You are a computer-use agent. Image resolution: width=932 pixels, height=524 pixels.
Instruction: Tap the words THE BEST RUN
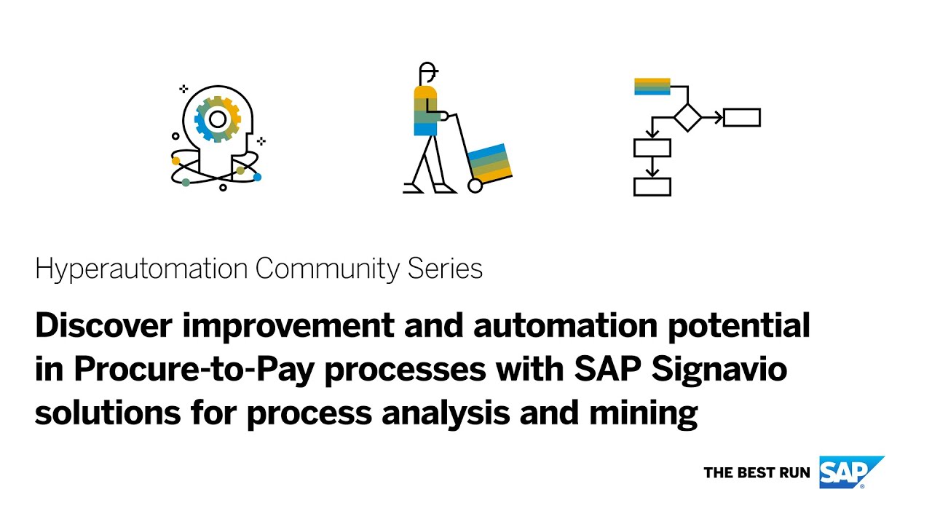click(x=757, y=473)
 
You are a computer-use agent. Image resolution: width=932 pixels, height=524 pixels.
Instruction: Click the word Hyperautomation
click(x=141, y=269)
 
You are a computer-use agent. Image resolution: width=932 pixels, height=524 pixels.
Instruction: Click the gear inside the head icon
click(x=217, y=118)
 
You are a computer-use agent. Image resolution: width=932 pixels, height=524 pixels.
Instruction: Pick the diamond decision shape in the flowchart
click(x=687, y=117)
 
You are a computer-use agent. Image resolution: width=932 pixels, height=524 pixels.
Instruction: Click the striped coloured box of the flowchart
click(x=652, y=87)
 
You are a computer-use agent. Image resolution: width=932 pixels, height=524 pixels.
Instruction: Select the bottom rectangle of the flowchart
click(x=652, y=186)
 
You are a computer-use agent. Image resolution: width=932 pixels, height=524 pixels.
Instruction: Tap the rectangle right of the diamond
click(x=742, y=117)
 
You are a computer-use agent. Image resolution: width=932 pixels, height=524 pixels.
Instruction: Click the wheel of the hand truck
click(x=475, y=186)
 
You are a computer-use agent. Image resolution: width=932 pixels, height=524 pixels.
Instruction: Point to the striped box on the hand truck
click(x=489, y=162)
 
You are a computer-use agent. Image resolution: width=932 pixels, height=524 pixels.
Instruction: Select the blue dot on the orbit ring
click(x=257, y=177)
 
